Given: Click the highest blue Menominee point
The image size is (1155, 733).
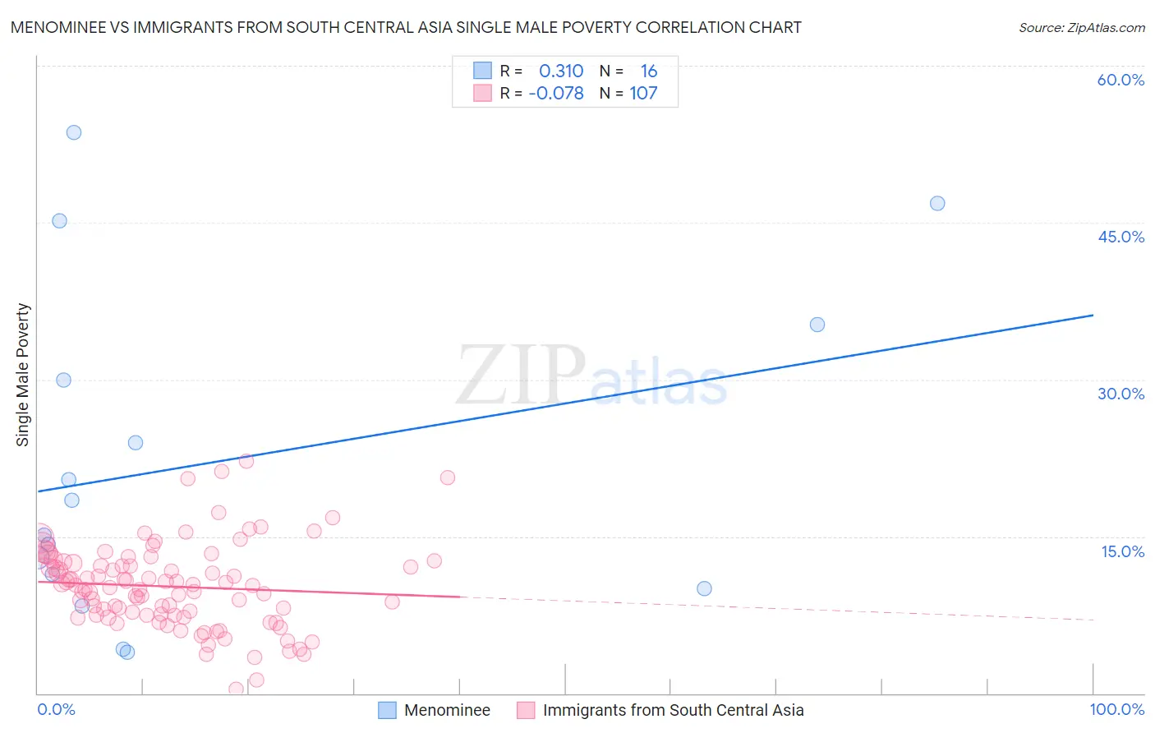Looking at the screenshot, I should point(74,132).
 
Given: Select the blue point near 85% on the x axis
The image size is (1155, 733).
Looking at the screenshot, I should point(937,203).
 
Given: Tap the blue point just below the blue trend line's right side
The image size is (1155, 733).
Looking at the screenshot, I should point(817,325).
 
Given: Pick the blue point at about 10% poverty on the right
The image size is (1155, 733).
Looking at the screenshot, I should point(704,588).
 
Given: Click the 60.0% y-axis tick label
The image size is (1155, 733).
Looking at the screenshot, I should point(1120,80).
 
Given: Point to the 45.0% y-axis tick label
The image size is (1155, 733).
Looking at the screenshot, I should point(1120,237).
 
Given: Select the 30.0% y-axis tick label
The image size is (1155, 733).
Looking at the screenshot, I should point(1120,394).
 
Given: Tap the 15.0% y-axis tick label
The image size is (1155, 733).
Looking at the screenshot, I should point(1122,551).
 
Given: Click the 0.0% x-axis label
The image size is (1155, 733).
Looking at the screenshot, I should point(56,710).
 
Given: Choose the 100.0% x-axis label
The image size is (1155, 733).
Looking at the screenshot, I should point(1116,710).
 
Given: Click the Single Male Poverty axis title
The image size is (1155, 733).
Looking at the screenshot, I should point(23,375).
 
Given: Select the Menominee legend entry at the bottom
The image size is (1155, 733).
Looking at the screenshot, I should point(446,710).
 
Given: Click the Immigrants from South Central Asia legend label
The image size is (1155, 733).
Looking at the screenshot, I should point(673,710).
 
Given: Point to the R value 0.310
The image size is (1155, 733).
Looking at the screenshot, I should point(561,71).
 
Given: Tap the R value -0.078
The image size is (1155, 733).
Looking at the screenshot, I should point(556,94).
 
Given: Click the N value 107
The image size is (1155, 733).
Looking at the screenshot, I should point(643,94).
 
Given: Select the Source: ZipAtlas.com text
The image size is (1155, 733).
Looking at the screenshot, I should point(1081,28).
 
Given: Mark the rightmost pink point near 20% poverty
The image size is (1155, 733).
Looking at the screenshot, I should point(448,477).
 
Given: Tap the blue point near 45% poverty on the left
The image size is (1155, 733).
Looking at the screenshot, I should point(59,220).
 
